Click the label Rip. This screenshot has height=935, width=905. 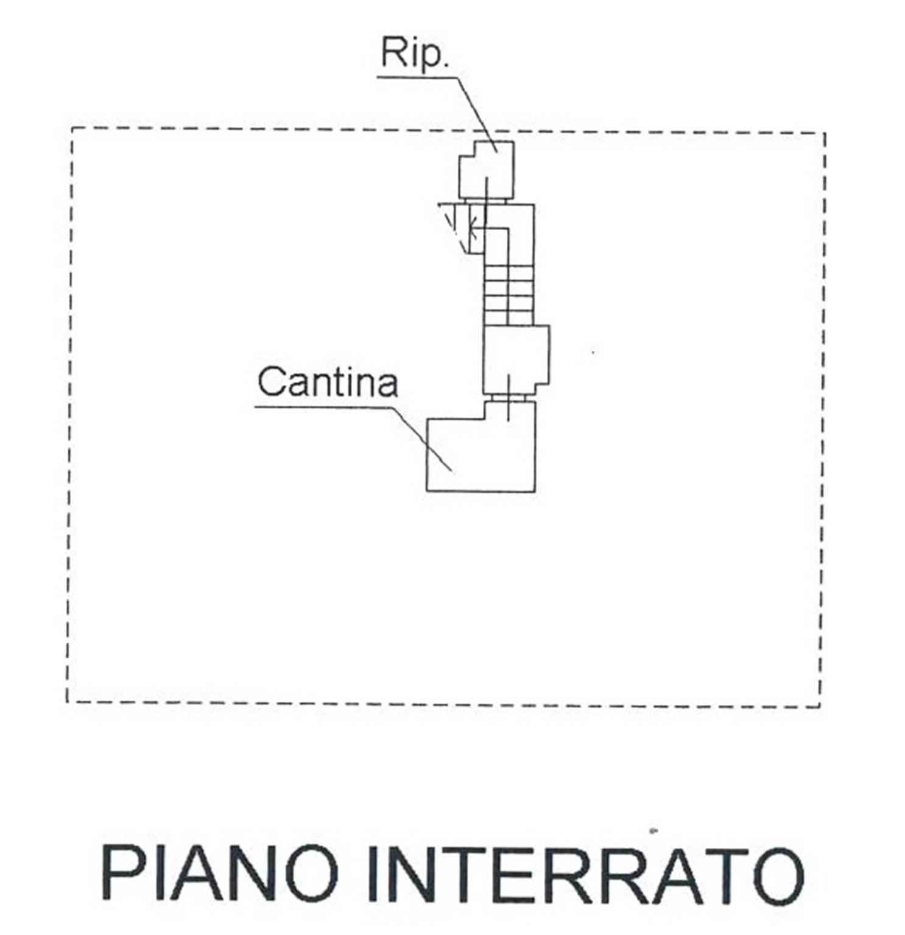(414, 53)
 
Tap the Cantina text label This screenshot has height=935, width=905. (327, 382)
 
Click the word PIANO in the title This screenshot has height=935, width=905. (220, 872)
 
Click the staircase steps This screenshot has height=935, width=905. (509, 295)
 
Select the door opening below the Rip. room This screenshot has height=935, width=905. (485, 202)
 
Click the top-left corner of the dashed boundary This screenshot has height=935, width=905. (72, 128)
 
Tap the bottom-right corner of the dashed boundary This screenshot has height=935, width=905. (820, 707)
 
